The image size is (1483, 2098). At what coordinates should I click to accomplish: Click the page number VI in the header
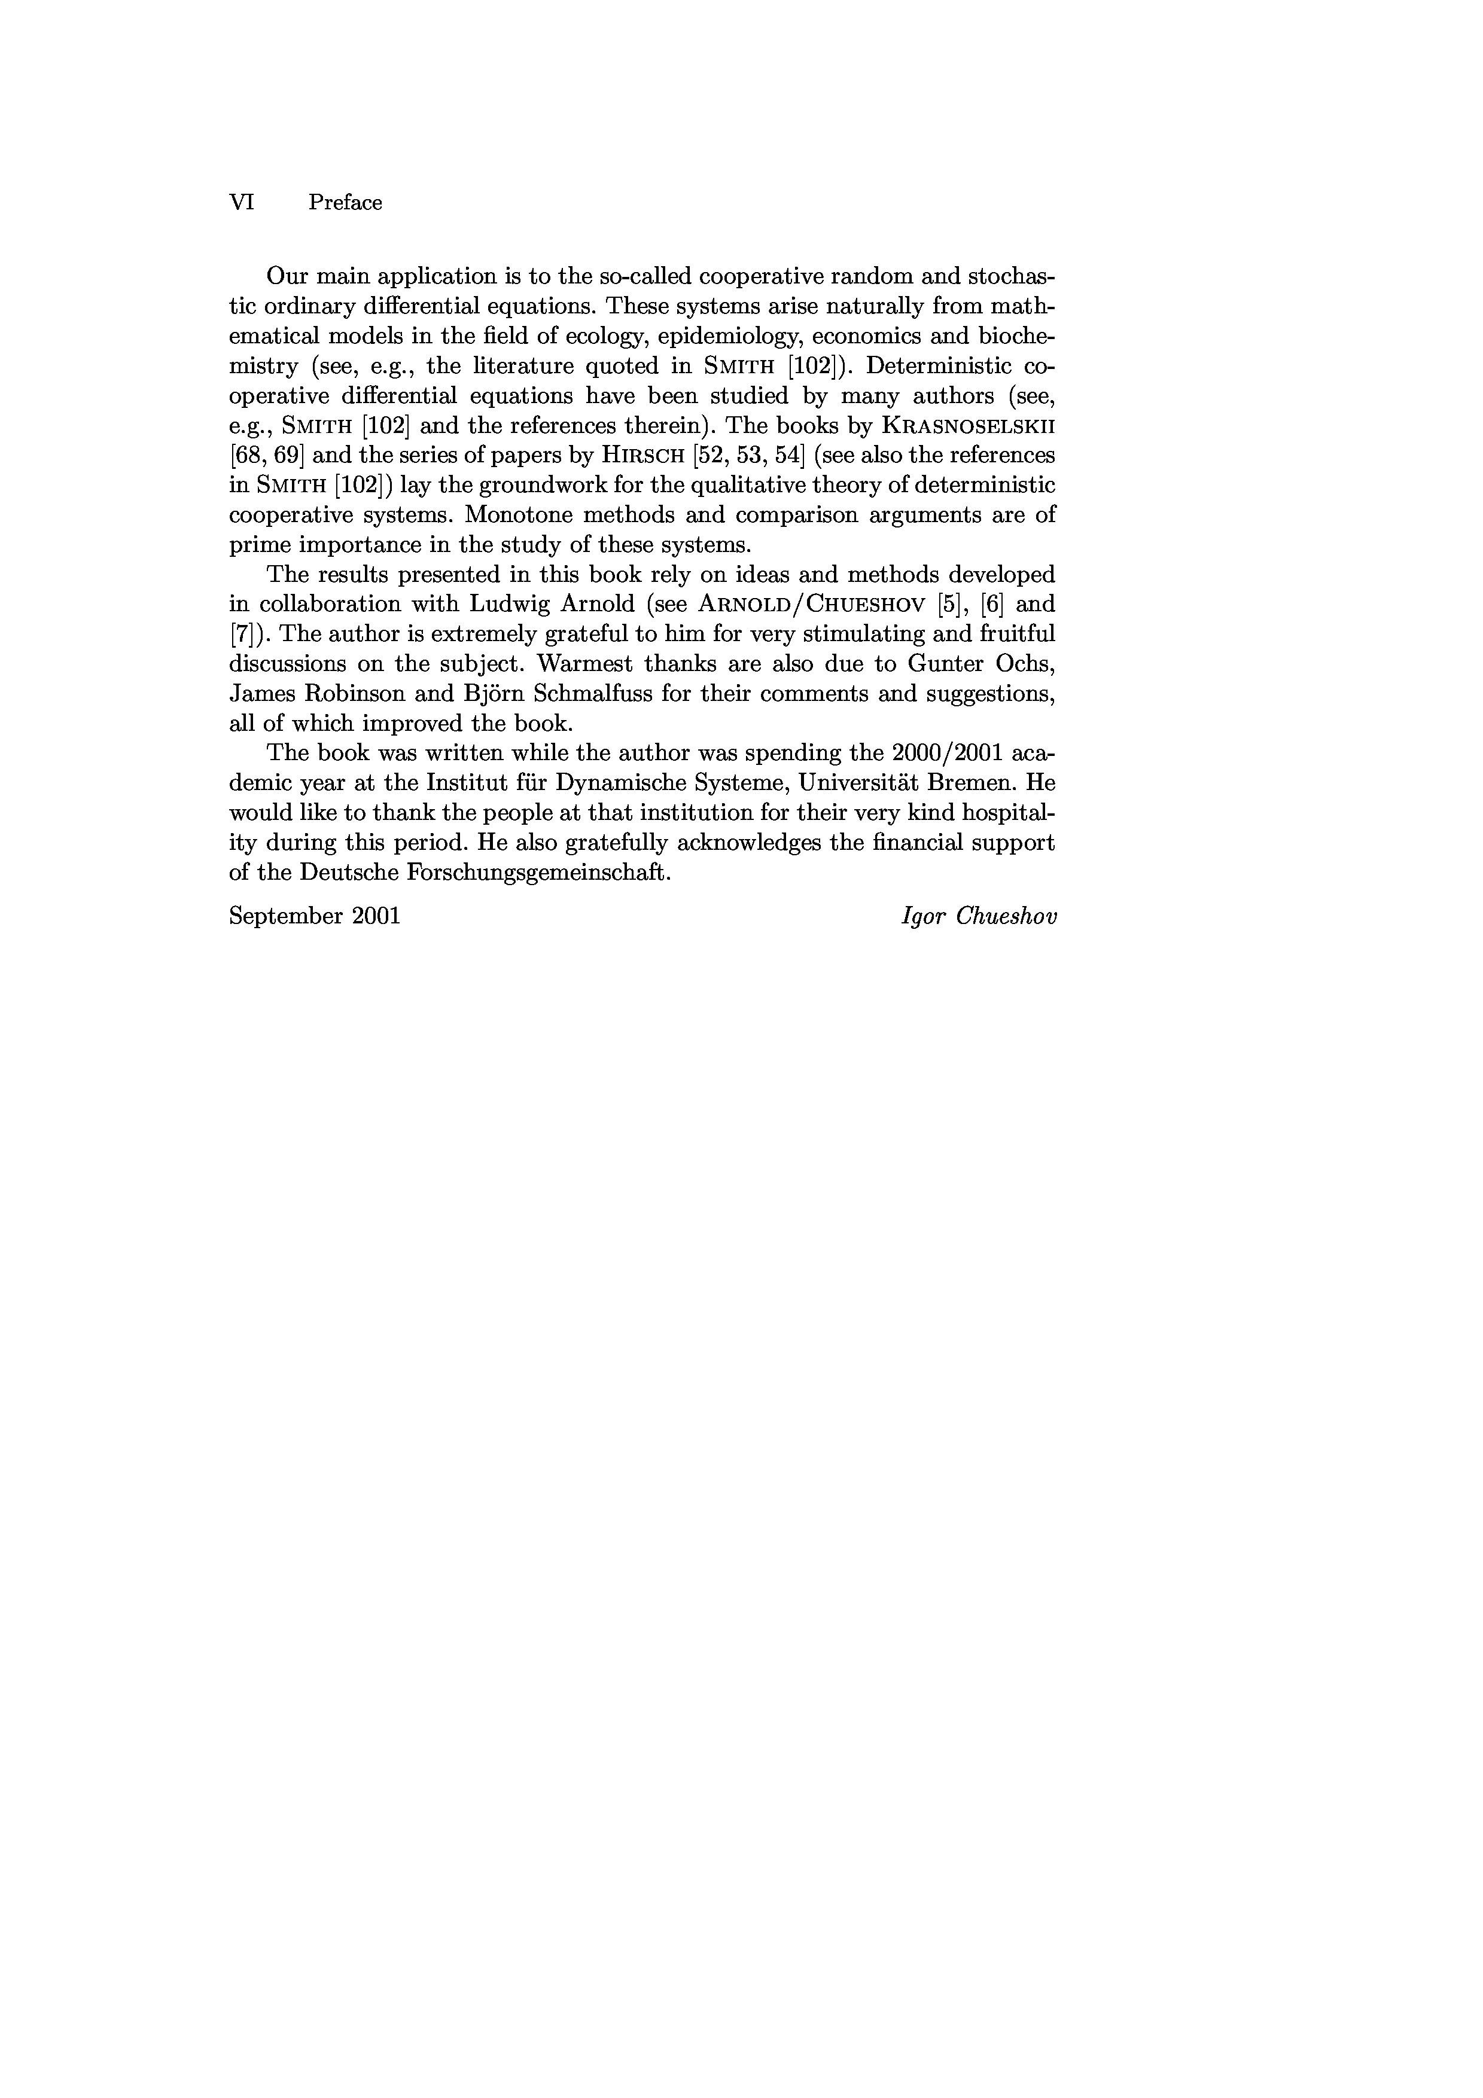[x=241, y=202]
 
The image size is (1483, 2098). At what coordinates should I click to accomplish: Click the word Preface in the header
[x=345, y=203]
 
